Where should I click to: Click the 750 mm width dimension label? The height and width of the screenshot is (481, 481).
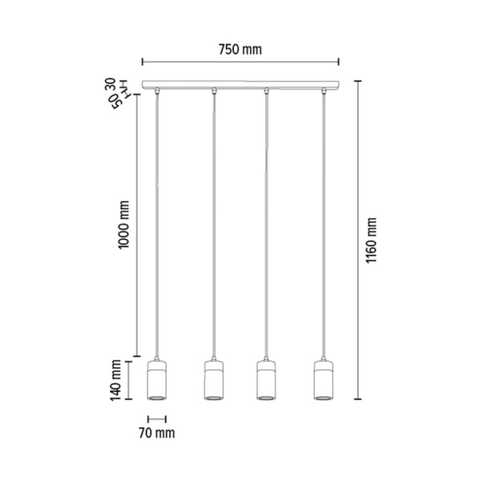tap(240, 50)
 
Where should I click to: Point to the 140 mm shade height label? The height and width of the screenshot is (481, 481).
tap(116, 380)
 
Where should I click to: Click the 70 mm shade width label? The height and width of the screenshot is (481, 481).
tap(157, 434)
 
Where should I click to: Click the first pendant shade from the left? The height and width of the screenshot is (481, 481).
tap(158, 380)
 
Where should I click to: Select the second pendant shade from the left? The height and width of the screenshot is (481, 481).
tap(213, 380)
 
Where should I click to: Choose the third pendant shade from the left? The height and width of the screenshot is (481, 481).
tap(267, 380)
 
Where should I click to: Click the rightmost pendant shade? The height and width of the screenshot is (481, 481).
tap(322, 380)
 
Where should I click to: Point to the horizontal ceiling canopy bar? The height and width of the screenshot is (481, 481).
tap(240, 84)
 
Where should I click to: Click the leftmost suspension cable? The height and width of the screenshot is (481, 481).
tap(159, 224)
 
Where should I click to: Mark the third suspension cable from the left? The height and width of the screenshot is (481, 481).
tap(267, 224)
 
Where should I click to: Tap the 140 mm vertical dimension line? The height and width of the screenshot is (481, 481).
tap(134, 380)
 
